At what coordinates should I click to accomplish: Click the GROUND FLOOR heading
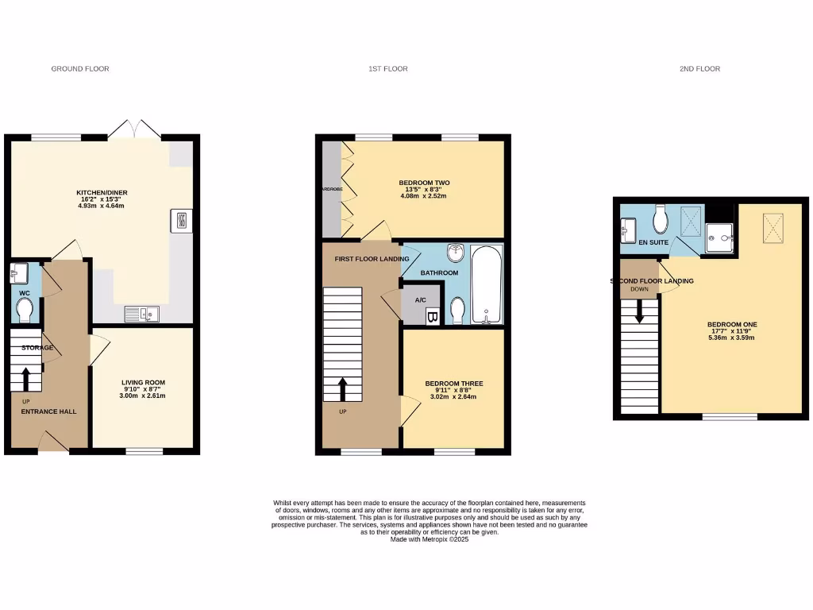click(x=80, y=69)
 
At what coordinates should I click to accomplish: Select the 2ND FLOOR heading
click(x=699, y=69)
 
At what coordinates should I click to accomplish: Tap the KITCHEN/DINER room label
click(x=102, y=193)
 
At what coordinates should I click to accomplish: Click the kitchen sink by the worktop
click(x=141, y=315)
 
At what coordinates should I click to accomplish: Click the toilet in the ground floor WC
click(x=25, y=309)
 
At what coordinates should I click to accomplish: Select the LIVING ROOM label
click(x=142, y=382)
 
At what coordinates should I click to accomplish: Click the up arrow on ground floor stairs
click(x=25, y=379)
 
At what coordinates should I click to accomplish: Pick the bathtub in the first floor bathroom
click(x=485, y=285)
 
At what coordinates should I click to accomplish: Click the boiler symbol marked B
click(x=433, y=318)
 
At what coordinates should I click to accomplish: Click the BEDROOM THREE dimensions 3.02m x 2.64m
click(x=453, y=396)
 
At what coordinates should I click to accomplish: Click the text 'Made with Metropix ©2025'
click(x=430, y=539)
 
